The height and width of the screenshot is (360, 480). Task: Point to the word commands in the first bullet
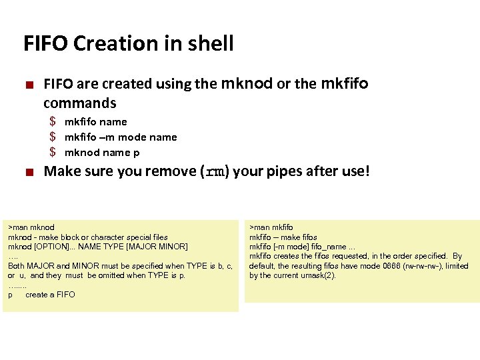(x=80, y=103)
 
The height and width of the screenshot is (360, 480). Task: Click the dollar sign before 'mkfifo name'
(x=53, y=122)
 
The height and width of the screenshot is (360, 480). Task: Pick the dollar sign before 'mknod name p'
(x=53, y=153)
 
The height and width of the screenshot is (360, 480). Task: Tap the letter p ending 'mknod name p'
(x=136, y=153)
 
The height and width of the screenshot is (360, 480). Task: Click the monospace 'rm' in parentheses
(x=215, y=172)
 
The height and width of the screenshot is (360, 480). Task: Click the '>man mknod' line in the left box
(x=31, y=227)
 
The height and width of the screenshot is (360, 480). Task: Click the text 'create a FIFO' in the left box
(x=50, y=295)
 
